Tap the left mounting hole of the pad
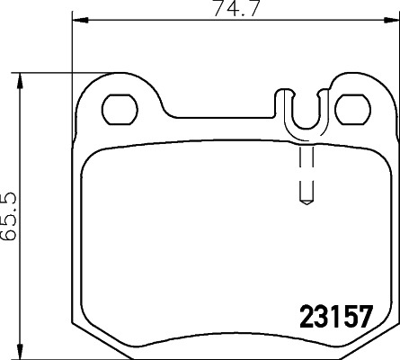[118, 109]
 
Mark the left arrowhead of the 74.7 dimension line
[76, 18]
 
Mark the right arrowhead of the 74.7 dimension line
[394, 18]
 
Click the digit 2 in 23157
[304, 318]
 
